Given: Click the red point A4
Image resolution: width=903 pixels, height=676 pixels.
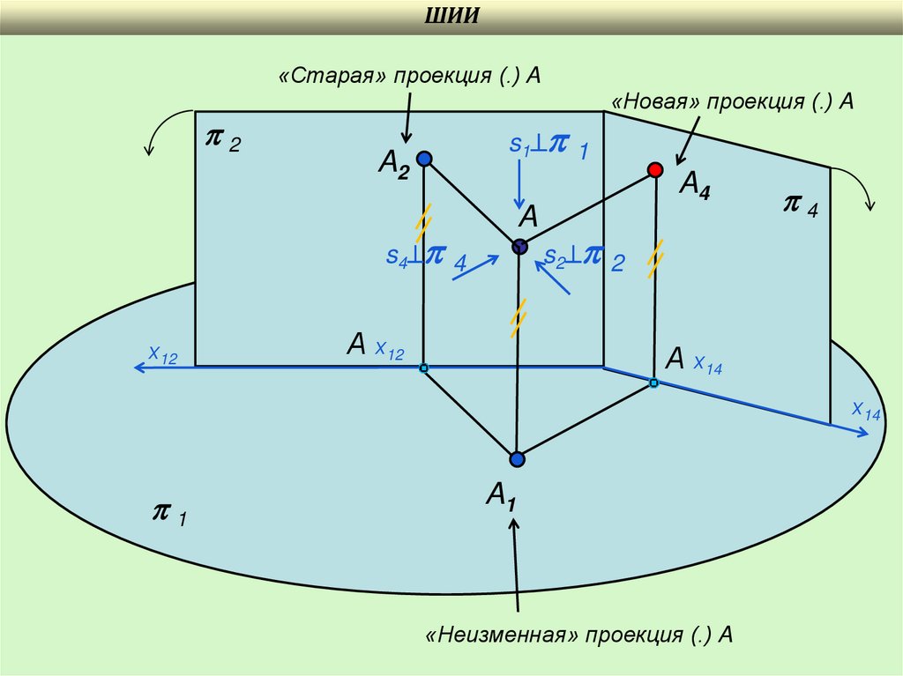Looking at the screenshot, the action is click(x=654, y=169).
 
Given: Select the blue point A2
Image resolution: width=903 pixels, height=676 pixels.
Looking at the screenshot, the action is click(x=424, y=159).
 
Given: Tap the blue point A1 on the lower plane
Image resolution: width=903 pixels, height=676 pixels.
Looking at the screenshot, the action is click(x=517, y=458).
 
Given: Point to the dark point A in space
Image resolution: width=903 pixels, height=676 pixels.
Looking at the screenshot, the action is click(x=519, y=247).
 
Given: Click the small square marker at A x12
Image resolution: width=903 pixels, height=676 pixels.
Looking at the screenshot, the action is click(x=423, y=367).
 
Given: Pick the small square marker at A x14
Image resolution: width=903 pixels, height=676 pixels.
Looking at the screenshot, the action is click(x=653, y=383).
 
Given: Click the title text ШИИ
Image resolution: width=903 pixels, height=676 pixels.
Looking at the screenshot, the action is click(x=451, y=18).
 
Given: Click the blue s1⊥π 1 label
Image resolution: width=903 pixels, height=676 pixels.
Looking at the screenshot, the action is click(x=548, y=147).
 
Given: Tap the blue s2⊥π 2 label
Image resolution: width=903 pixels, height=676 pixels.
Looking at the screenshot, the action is click(x=584, y=257).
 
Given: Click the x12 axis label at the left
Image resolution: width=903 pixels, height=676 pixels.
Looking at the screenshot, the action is click(x=163, y=355).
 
